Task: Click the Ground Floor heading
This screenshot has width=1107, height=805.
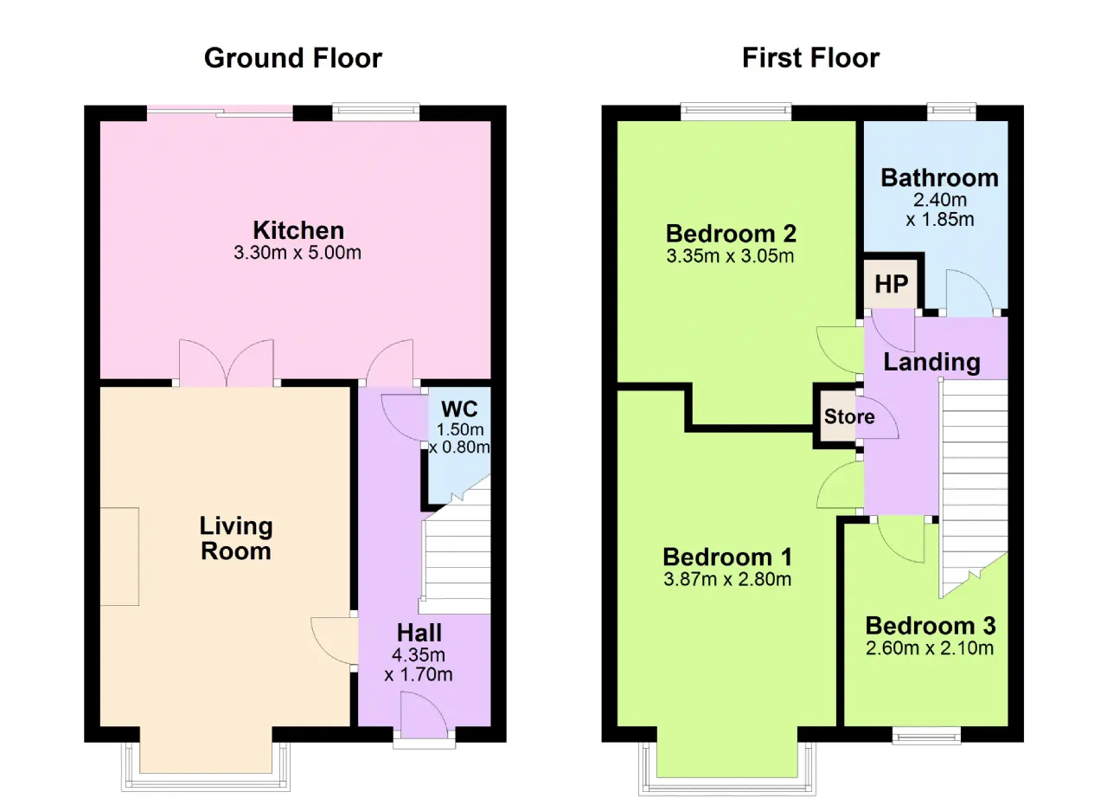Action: tap(293, 58)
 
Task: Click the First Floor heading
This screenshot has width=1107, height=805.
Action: tap(811, 58)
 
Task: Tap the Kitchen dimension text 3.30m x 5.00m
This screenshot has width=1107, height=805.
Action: tap(298, 253)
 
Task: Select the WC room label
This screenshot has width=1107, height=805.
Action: tap(459, 409)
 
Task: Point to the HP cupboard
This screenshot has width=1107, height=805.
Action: tap(891, 283)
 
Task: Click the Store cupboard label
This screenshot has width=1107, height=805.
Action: tap(849, 417)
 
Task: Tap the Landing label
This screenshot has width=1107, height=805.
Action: tap(931, 363)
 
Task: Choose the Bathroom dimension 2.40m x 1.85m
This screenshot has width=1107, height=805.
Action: tap(939, 209)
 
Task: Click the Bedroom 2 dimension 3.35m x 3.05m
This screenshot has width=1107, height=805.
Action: tap(731, 256)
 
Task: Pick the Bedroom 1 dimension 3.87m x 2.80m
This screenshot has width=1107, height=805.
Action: tap(727, 579)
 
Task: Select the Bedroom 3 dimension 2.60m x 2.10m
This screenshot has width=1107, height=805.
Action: tap(930, 648)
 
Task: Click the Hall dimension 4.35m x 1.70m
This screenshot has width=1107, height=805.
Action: tap(419, 665)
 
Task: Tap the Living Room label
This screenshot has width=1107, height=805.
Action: tap(236, 538)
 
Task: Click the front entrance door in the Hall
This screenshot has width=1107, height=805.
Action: tap(424, 716)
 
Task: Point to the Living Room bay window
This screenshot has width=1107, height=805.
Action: tap(206, 761)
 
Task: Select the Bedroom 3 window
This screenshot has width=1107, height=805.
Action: tap(926, 735)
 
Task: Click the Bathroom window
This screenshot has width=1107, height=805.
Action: tap(951, 112)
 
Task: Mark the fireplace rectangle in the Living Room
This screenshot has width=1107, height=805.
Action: tap(119, 557)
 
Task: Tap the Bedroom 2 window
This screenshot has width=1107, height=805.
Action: tap(736, 112)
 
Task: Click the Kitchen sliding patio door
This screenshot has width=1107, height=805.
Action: tap(220, 113)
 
